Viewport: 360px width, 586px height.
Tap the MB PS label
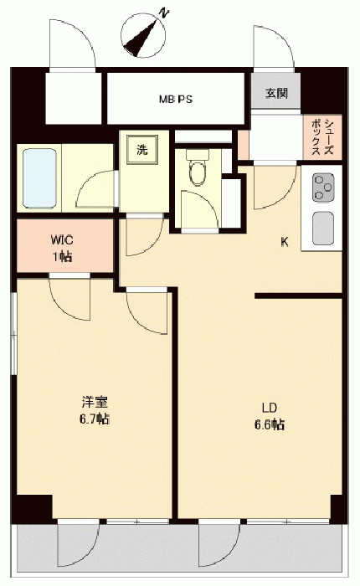tap(176, 100)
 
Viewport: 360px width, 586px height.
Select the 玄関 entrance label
tap(276, 93)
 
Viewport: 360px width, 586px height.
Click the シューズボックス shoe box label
tap(322, 136)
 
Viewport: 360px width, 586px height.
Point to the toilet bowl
tap(198, 168)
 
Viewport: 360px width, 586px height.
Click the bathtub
tap(39, 177)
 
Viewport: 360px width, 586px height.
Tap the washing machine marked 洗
tap(142, 150)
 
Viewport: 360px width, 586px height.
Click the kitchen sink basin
tap(323, 229)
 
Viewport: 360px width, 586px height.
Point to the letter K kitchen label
tap(285, 243)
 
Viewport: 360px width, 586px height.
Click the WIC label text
tap(62, 240)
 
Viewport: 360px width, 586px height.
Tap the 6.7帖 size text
tap(95, 419)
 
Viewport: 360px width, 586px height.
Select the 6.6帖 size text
tap(270, 424)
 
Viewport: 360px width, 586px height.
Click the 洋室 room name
tap(95, 402)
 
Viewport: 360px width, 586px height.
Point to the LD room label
tap(269, 408)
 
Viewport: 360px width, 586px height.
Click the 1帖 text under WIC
tap(62, 257)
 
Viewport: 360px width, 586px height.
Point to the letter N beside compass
tap(163, 13)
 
